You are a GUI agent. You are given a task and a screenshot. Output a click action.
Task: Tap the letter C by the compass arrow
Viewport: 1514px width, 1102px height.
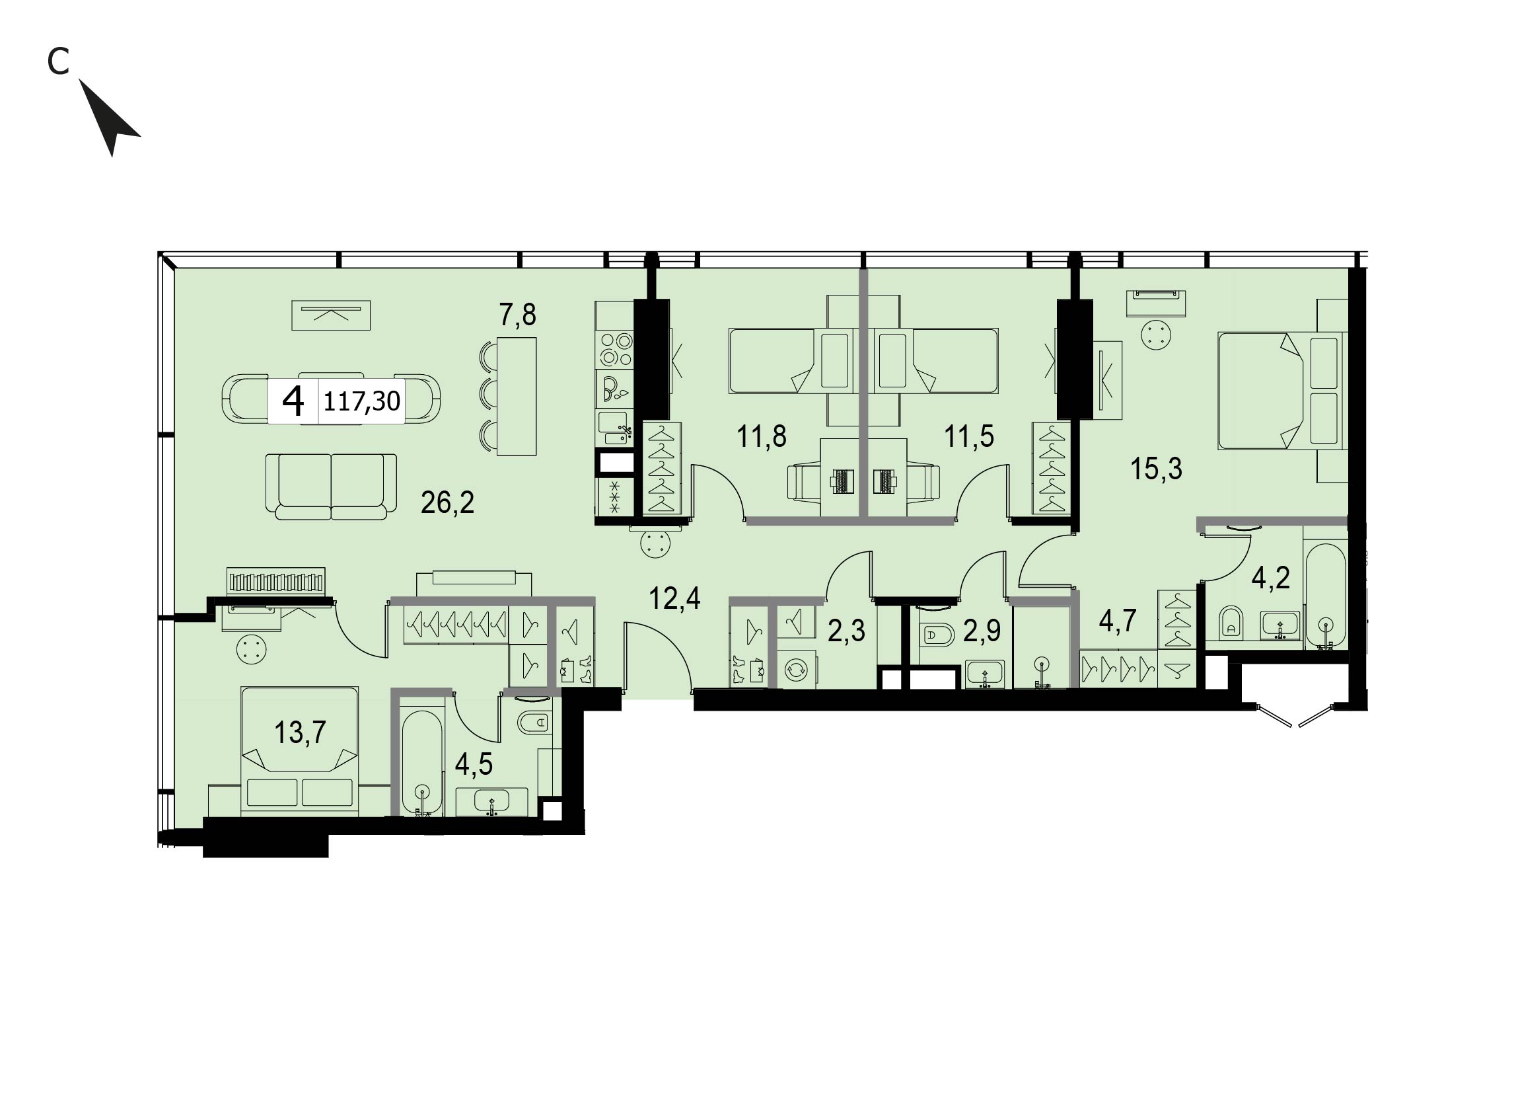(x=59, y=62)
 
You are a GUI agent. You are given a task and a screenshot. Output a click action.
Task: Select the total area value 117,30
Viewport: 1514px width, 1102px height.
(x=362, y=401)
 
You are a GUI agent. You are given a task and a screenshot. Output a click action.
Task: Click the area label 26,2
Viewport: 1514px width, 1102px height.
(x=447, y=502)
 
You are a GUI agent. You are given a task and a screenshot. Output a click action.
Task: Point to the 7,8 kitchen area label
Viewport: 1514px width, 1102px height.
(x=518, y=314)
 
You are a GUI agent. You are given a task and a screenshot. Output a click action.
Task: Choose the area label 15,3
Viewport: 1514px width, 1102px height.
(x=1156, y=469)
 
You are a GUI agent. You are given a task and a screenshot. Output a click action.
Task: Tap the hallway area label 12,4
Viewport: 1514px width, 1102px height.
(x=675, y=598)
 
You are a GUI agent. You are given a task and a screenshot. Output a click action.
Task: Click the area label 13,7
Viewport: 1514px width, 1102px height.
(x=301, y=732)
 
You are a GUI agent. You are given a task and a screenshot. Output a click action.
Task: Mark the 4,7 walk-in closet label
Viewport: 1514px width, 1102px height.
(x=1118, y=621)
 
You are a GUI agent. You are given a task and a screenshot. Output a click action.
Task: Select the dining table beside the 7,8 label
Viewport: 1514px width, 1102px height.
(x=517, y=397)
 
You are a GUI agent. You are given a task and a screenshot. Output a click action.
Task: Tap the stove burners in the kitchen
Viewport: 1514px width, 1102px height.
(x=616, y=348)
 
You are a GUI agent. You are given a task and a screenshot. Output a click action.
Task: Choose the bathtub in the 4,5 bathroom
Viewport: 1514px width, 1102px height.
(x=421, y=763)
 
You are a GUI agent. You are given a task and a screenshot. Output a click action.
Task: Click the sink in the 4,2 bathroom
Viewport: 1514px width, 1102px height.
(x=1280, y=625)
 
